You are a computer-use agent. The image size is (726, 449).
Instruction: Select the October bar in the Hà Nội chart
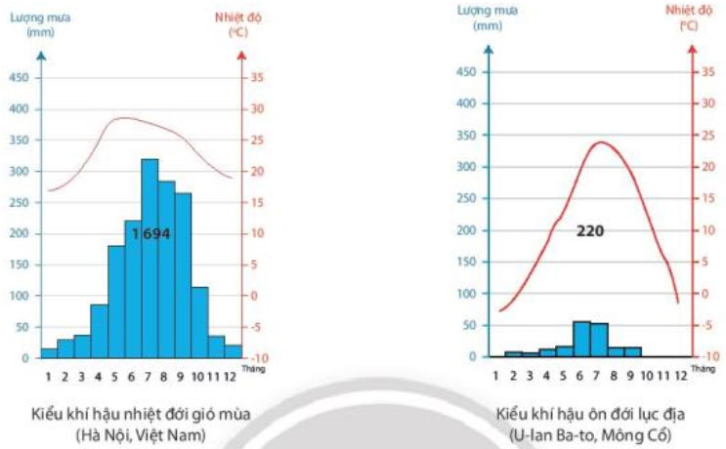(199, 322)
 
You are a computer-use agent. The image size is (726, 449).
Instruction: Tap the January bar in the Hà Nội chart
(49, 352)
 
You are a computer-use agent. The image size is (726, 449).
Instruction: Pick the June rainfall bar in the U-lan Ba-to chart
(581, 339)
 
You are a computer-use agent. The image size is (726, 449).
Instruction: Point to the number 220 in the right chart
(590, 231)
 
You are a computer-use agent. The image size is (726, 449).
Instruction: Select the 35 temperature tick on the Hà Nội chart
(257, 78)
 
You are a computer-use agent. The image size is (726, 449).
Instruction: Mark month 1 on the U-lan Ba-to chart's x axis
(495, 374)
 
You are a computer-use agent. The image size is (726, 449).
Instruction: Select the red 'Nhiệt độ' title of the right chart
(688, 10)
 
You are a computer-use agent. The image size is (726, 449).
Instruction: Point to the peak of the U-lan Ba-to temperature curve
(600, 143)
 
